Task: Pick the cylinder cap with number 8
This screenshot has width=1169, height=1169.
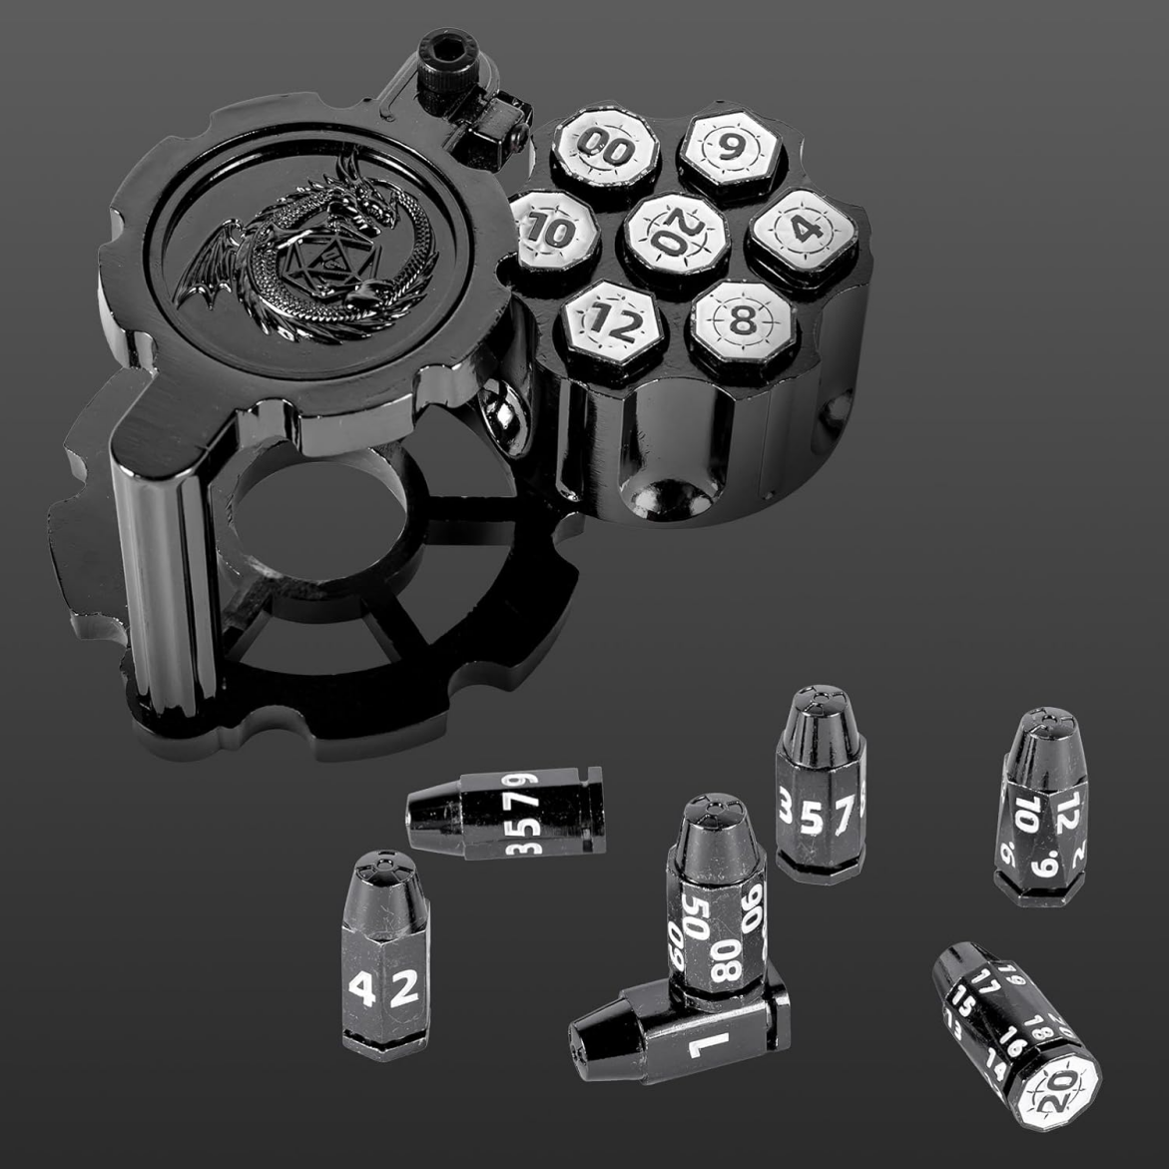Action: pyautogui.click(x=742, y=322)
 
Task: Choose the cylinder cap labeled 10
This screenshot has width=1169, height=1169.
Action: pyautogui.click(x=552, y=232)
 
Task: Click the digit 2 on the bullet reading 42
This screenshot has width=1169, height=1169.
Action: pyautogui.click(x=402, y=988)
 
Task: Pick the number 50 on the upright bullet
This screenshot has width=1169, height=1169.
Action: pyautogui.click(x=697, y=911)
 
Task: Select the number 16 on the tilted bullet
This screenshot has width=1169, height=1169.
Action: pyautogui.click(x=1015, y=1046)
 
